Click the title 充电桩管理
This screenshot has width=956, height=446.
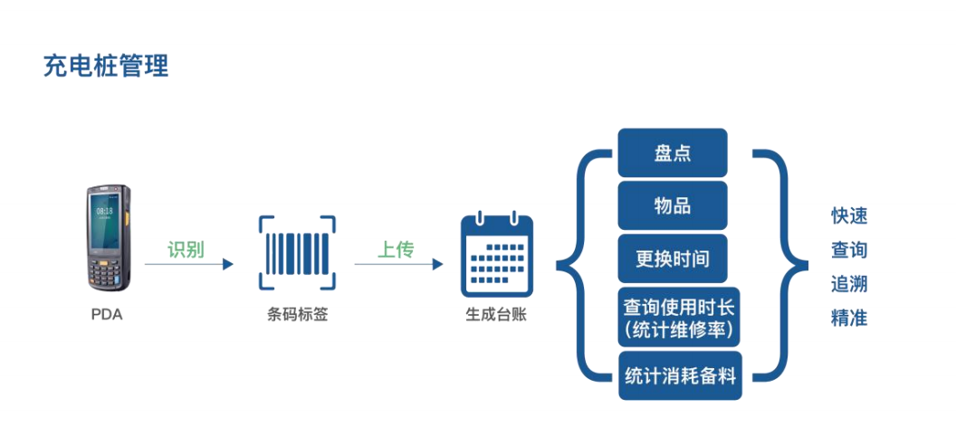pyautogui.click(x=106, y=66)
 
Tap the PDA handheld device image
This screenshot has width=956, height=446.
pyautogui.click(x=108, y=239)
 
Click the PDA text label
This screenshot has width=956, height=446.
pyautogui.click(x=107, y=315)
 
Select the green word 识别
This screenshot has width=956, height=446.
pyautogui.click(x=186, y=250)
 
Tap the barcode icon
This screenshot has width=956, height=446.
pyautogui.click(x=297, y=256)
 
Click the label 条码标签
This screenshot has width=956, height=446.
pyautogui.click(x=297, y=315)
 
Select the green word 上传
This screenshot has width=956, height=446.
pyautogui.click(x=396, y=250)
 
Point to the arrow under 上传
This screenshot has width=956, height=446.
pyautogui.click(x=398, y=264)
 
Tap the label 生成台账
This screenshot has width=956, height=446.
pyautogui.click(x=495, y=315)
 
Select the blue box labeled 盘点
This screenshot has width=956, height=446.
pyautogui.click(x=673, y=152)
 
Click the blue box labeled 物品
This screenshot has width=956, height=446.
pyautogui.click(x=673, y=204)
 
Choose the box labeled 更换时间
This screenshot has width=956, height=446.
pyautogui.click(x=673, y=259)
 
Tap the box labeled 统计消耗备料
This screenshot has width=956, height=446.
pyautogui.click(x=680, y=376)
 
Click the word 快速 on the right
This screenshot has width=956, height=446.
pyautogui.click(x=849, y=216)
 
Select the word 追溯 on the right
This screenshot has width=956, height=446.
pyautogui.click(x=849, y=284)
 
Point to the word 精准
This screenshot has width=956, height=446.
pyautogui.click(x=849, y=318)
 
